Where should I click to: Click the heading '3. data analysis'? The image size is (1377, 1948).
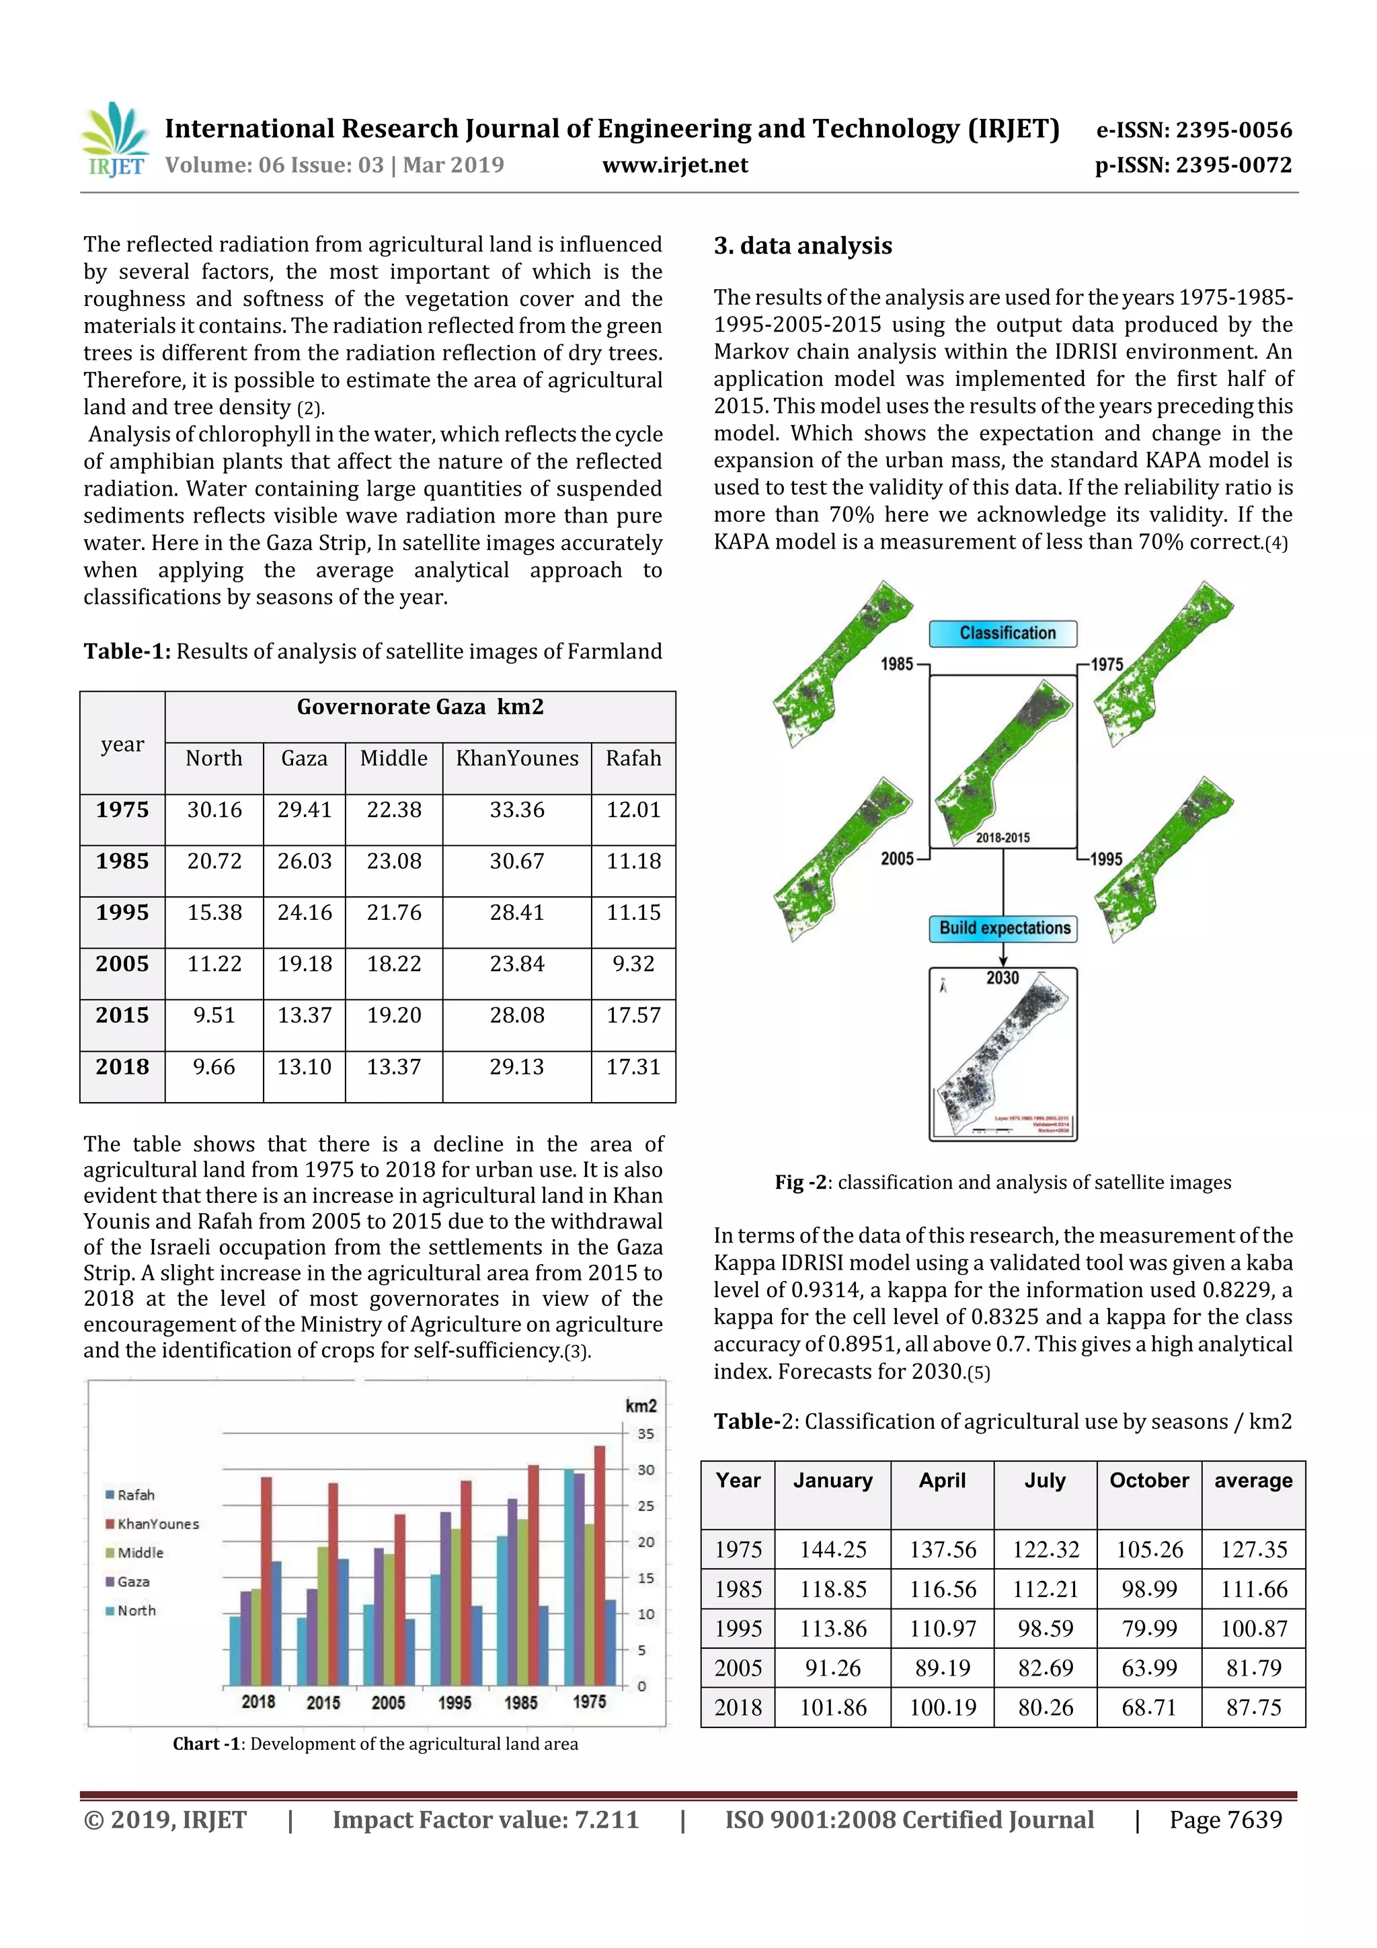803,246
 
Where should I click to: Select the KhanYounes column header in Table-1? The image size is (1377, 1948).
516,758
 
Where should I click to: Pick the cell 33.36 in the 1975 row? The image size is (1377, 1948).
516,810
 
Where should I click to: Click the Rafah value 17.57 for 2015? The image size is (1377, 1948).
633,1015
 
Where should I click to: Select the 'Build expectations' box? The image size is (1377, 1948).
1005,928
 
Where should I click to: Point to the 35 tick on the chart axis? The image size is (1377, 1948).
645,1434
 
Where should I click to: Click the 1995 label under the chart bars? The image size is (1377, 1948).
455,1702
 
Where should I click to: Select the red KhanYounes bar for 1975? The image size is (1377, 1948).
599,1565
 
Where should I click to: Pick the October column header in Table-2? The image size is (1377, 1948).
1149,1481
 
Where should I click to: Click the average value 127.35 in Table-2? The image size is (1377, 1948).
1253,1549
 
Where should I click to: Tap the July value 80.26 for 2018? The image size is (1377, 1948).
1046,1707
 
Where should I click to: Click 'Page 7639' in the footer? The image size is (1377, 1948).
1225,1819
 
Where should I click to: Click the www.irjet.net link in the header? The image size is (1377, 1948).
675,165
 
